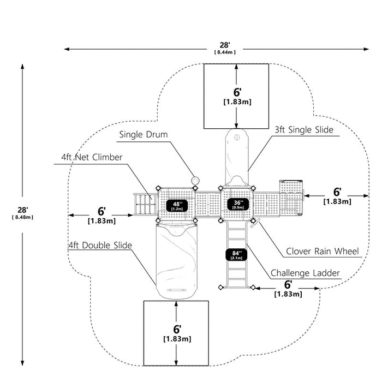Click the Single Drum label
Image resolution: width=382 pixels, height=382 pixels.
click(144, 134)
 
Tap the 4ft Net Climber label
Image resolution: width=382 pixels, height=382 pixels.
click(92, 157)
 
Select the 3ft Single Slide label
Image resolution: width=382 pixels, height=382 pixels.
click(304, 130)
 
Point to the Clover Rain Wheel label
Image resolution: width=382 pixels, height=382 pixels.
click(323, 251)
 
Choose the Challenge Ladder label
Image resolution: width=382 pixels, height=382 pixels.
click(305, 273)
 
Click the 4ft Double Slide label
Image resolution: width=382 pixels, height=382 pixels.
click(100, 246)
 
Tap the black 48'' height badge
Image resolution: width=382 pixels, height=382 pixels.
click(177, 206)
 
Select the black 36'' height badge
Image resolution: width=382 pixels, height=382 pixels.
click(238, 204)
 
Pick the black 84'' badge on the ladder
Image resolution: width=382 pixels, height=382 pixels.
click(236, 255)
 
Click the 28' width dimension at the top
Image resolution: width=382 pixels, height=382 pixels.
click(225, 45)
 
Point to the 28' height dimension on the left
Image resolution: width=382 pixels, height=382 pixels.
click(23, 210)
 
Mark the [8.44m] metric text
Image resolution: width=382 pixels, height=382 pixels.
click(225, 52)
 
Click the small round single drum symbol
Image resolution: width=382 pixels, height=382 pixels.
click(195, 180)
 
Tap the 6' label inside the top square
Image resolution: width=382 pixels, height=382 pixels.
click(237, 92)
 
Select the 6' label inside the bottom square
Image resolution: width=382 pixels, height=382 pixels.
click(177, 329)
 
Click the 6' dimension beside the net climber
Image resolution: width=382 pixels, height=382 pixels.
click(102, 212)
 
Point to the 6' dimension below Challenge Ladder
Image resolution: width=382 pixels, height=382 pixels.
click(288, 284)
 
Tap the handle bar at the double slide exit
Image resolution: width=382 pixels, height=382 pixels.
click(176, 290)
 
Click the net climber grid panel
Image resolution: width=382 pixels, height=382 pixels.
click(146, 205)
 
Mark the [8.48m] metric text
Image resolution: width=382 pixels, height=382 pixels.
click(22, 217)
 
